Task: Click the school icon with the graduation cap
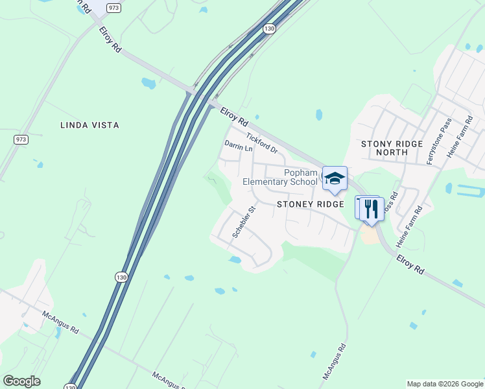(x=335, y=178)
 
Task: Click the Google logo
(x=21, y=381)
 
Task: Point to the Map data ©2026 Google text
(x=445, y=384)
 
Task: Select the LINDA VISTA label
(x=89, y=125)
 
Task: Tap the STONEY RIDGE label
(x=310, y=204)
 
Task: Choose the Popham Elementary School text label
(x=280, y=177)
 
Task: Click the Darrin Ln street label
(x=238, y=147)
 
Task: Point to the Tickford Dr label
(x=262, y=143)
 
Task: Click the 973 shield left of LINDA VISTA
(x=20, y=139)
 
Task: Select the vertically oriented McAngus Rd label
(x=335, y=361)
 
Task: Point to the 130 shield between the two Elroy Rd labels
(x=268, y=29)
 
